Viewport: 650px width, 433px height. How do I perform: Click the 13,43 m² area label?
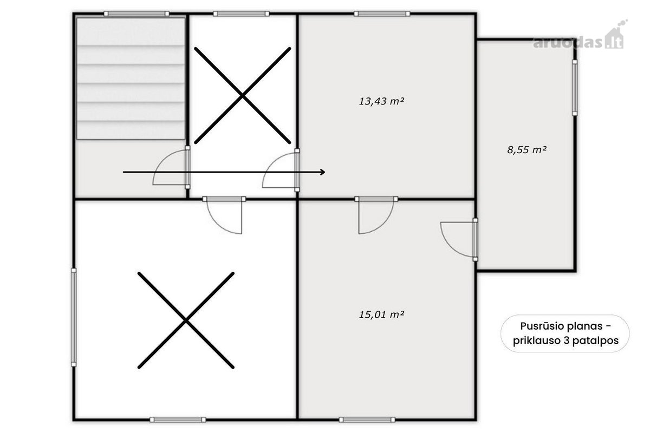pyautogui.click(x=381, y=101)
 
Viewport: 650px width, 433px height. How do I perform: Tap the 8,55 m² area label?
pyautogui.click(x=526, y=149)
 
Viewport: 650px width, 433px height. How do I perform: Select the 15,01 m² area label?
pyautogui.click(x=381, y=314)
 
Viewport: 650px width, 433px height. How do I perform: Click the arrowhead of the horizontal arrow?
pyautogui.click(x=323, y=172)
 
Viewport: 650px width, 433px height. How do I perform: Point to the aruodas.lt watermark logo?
pyautogui.click(x=580, y=38)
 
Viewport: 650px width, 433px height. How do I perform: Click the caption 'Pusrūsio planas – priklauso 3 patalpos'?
pyautogui.click(x=565, y=333)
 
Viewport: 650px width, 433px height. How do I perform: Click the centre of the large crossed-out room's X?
pyautogui.click(x=186, y=320)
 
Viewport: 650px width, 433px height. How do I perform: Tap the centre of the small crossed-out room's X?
pyautogui.click(x=242, y=95)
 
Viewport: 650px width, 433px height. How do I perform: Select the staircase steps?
pyautogui.click(x=131, y=78)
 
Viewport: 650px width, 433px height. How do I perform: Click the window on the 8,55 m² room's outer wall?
pyautogui.click(x=575, y=88)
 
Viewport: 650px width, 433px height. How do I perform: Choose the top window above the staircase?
pyautogui.click(x=136, y=14)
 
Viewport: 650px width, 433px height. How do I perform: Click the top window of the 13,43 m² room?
pyautogui.click(x=382, y=14)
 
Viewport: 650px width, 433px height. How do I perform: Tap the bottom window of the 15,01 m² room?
pyautogui.click(x=367, y=419)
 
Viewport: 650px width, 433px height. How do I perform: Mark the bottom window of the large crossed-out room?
pyautogui.click(x=178, y=419)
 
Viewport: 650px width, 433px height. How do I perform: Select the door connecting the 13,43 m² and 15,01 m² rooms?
pyautogui.click(x=376, y=215)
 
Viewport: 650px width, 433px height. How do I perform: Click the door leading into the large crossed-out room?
pyautogui.click(x=224, y=215)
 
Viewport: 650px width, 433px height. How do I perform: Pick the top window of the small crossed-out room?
pyautogui.click(x=241, y=14)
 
